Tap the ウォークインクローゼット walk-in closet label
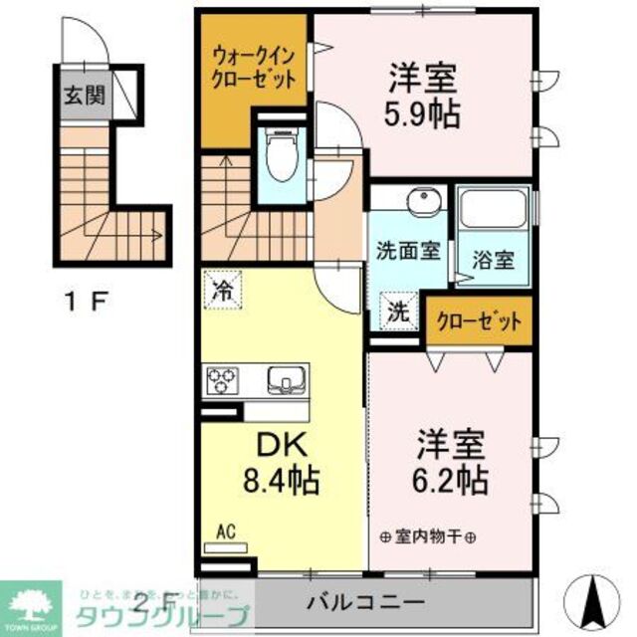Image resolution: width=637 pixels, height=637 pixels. pyautogui.click(x=254, y=67)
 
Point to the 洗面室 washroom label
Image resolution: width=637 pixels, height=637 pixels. pyautogui.click(x=408, y=251)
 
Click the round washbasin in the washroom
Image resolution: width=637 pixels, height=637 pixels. pyautogui.click(x=422, y=199)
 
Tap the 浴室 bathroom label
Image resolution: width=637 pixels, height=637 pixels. pyautogui.click(x=494, y=262)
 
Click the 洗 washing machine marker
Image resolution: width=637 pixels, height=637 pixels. pyautogui.click(x=397, y=311)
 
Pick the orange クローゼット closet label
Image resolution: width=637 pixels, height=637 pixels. pyautogui.click(x=479, y=321)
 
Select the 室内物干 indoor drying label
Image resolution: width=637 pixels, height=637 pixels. pyautogui.click(x=428, y=536)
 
